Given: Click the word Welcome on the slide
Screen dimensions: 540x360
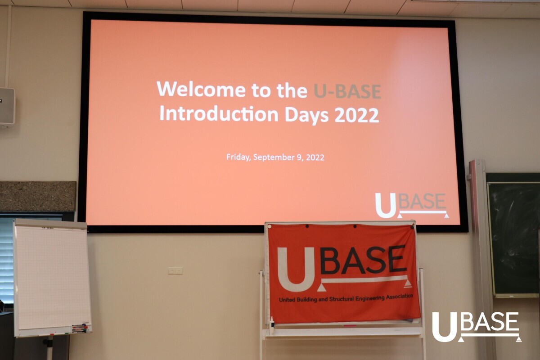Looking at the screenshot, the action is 201,89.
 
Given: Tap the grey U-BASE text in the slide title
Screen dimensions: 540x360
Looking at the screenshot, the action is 347,91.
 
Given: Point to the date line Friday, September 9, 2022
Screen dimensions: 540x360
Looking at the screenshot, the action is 275,157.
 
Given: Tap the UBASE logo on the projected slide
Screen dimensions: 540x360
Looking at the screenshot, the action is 412,206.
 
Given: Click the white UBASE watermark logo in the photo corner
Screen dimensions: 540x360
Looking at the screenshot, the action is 477,327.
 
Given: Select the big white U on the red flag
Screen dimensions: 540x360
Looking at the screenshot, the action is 296,270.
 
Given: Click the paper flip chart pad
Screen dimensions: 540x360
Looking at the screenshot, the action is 53,277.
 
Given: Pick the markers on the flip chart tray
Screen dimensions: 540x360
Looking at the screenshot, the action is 80,328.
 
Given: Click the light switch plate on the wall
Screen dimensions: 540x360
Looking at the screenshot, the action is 175,271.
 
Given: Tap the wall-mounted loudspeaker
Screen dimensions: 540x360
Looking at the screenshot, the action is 7,107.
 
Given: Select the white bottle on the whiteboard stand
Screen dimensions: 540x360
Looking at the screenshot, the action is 272,325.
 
